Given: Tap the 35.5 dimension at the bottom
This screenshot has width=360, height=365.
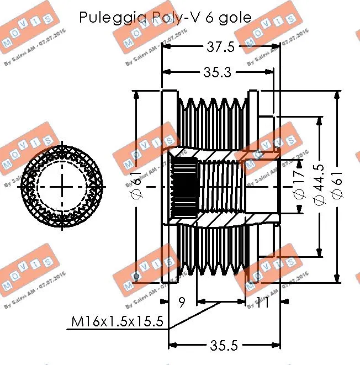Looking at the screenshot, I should pyautogui.click(x=224, y=345).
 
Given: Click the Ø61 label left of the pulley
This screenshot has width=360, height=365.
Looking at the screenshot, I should pyautogui.click(x=137, y=188).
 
